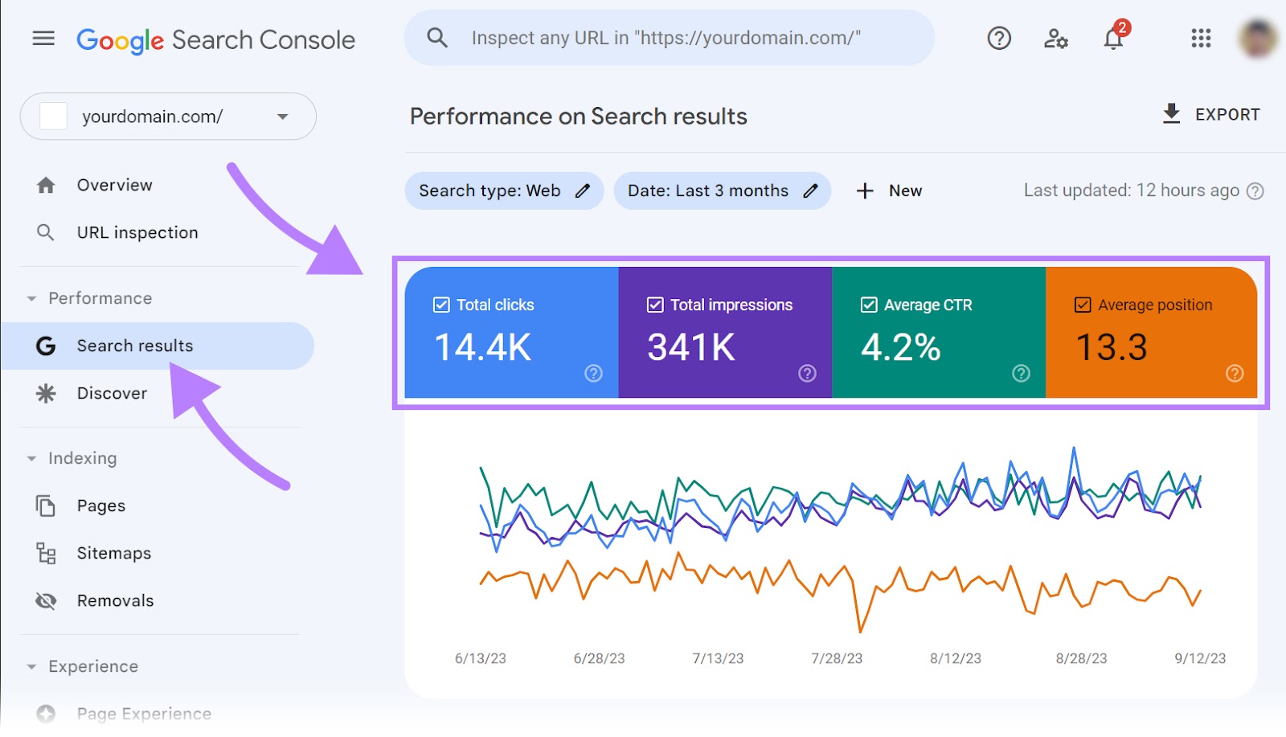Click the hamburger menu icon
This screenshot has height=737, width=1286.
click(x=43, y=38)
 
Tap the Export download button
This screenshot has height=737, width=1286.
click(x=1210, y=114)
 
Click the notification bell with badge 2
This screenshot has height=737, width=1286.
click(x=1113, y=38)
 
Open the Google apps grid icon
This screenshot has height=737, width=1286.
click(x=1201, y=38)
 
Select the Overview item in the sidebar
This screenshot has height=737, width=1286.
click(x=114, y=185)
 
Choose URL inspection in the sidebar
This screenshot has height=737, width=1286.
click(x=137, y=232)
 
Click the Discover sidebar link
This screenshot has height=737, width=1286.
click(x=112, y=393)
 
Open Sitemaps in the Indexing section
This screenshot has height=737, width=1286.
click(x=113, y=553)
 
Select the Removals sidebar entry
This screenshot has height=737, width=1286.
click(x=115, y=600)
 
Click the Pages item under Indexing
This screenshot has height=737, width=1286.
click(x=100, y=506)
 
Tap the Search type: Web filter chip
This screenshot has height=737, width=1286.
click(x=504, y=190)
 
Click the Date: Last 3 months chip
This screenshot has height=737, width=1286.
click(x=722, y=190)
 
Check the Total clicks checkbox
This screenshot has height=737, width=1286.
click(x=441, y=305)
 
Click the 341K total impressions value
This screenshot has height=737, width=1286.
click(x=691, y=347)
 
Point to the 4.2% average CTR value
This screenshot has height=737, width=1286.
click(x=900, y=347)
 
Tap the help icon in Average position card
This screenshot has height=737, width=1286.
click(x=1235, y=373)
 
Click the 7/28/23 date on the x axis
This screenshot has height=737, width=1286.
click(x=837, y=658)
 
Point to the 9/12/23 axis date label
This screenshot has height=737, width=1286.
click(x=1200, y=658)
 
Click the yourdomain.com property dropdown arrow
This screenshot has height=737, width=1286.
click(x=282, y=117)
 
